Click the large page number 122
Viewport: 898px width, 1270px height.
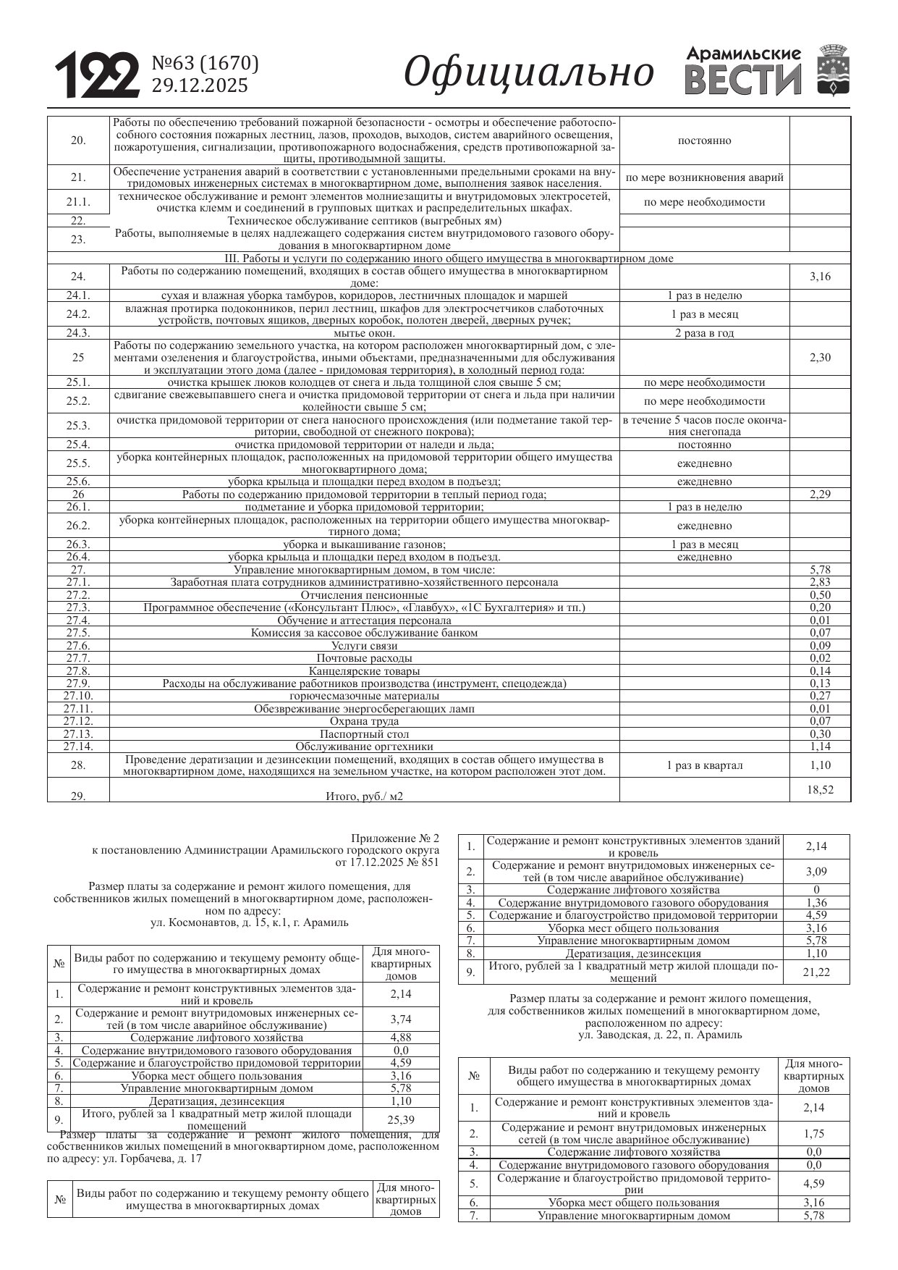pos(97,75)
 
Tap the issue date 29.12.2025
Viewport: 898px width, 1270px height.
pos(199,86)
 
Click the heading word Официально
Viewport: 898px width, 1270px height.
pos(528,72)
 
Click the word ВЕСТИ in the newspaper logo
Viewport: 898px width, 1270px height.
pos(743,80)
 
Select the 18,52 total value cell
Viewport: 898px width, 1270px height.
pos(820,789)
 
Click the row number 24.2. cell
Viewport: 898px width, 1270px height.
pos(78,314)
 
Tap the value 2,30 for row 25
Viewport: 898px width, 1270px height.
pos(820,357)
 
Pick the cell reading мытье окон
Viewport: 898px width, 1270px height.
pos(364,333)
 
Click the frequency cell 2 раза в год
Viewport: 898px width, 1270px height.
pos(704,333)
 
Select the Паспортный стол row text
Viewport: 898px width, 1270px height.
pos(364,733)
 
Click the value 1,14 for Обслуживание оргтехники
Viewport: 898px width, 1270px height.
pos(820,747)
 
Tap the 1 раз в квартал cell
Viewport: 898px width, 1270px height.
pos(704,765)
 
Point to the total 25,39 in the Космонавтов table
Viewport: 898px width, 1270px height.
pos(401,1119)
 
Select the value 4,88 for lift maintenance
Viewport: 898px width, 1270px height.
pos(401,1037)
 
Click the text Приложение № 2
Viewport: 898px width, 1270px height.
pos(404,838)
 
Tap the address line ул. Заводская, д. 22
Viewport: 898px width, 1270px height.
pos(660,1035)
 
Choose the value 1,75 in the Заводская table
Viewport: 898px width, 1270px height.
pos(814,1133)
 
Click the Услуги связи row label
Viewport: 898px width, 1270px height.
pos(364,645)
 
